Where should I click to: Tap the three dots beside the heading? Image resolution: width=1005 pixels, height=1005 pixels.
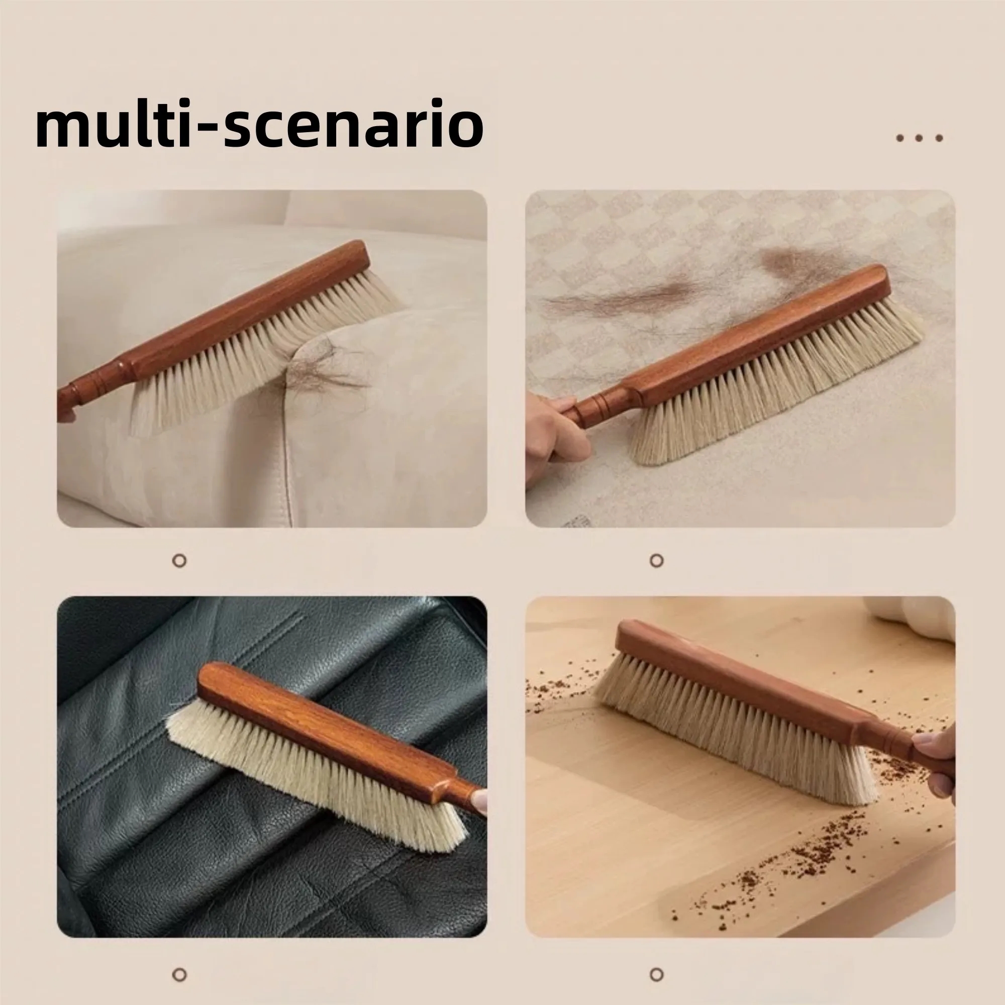pos(919,138)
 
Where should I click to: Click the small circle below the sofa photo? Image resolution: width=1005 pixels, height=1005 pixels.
pos(179,561)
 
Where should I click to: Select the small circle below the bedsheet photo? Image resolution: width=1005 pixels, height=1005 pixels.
pos(657,561)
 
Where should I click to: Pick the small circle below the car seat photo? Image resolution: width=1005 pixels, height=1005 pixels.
pos(179,974)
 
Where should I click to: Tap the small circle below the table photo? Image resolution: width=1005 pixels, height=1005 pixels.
pos(657,974)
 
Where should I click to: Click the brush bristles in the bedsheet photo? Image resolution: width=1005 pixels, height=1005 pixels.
pos(775,395)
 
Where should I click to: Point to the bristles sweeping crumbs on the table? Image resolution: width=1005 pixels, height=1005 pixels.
pos(734,728)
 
